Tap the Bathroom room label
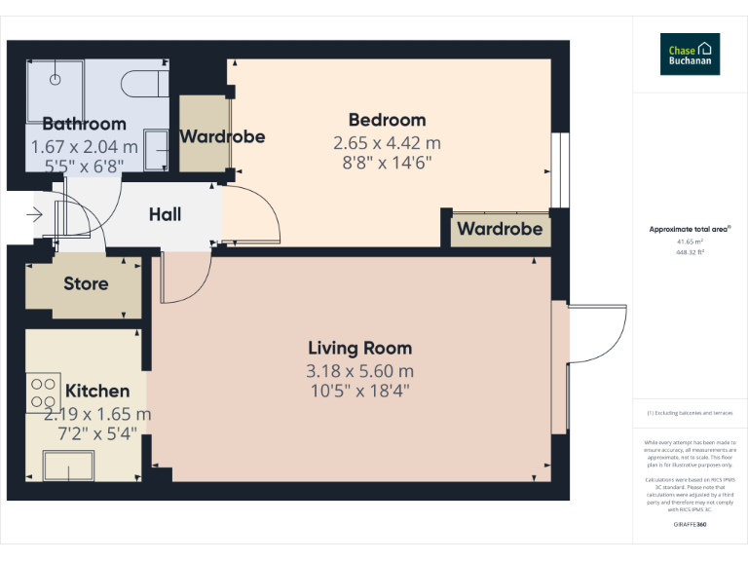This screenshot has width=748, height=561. pyautogui.click(x=84, y=124)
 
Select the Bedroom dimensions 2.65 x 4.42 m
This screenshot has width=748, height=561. pyautogui.click(x=387, y=142)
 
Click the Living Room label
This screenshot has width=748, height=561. pyautogui.click(x=359, y=348)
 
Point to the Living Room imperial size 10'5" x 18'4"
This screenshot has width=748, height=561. pyautogui.click(x=359, y=391)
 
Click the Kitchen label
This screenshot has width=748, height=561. pyautogui.click(x=96, y=391)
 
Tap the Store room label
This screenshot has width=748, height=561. pyautogui.click(x=86, y=284)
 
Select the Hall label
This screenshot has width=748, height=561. pyautogui.click(x=165, y=214)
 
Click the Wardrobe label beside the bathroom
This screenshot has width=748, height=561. pyautogui.click(x=222, y=136)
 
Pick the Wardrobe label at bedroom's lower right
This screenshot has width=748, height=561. pyautogui.click(x=500, y=229)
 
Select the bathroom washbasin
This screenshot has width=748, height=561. pyautogui.click(x=156, y=150)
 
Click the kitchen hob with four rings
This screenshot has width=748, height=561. pyautogui.click(x=43, y=393)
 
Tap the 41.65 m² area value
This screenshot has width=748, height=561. pyautogui.click(x=690, y=241)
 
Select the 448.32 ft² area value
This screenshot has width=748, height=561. pyautogui.click(x=690, y=251)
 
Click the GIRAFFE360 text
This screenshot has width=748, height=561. pyautogui.click(x=690, y=525)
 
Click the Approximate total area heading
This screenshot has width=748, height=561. pyautogui.click(x=690, y=229)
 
